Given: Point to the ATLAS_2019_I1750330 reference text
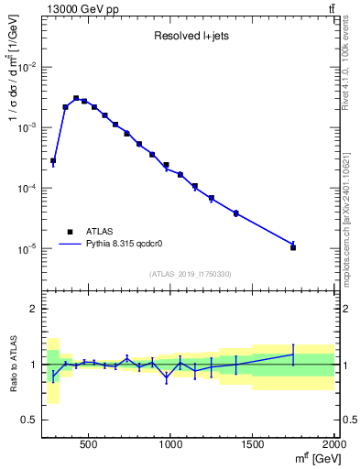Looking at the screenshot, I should point(190,274).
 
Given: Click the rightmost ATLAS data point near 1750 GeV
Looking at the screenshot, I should point(293,247).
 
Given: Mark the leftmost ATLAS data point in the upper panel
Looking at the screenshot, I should point(53,160).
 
